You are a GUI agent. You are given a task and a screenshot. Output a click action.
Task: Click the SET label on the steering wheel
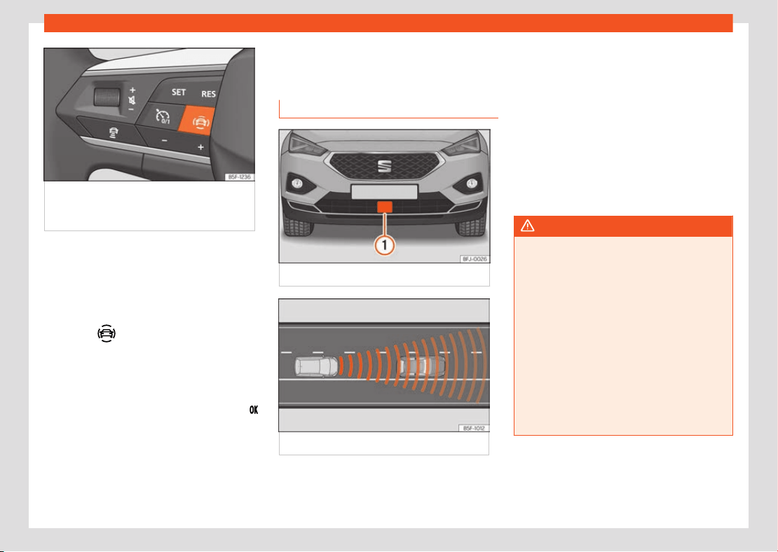coord(179,92)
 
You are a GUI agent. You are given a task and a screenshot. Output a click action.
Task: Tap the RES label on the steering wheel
coord(208,95)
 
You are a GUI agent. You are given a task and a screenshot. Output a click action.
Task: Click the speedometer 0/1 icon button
coord(162,116)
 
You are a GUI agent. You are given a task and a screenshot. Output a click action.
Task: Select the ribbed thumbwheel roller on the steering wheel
coord(107,96)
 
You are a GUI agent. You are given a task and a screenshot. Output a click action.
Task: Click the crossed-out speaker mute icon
coord(132,100)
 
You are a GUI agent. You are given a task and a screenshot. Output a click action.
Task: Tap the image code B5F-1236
coord(239,177)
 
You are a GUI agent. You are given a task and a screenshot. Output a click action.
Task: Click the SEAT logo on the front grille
coord(385,166)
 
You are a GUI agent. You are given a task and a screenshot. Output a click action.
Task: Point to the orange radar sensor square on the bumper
coord(385,207)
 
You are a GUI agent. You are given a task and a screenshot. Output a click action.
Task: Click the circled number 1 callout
coord(385,245)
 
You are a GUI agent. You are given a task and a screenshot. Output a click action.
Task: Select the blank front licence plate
coord(384,192)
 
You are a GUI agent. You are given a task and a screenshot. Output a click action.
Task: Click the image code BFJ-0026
coord(475,259)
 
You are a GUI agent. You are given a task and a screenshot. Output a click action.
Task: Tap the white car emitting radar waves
coord(317,366)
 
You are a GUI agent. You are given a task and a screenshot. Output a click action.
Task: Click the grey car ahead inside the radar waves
coord(422,366)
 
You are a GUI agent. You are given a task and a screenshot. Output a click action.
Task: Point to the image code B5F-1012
coord(474,428)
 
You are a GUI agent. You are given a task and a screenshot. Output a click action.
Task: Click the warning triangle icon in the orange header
coord(528,226)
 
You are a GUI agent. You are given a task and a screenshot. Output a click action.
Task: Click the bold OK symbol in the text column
coord(254,410)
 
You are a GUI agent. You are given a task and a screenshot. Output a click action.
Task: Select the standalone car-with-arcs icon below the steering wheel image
coord(107,333)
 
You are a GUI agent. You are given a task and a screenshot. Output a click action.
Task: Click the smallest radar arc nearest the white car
coord(341,366)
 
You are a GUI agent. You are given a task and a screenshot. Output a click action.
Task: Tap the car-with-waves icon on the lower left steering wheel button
coord(114,133)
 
